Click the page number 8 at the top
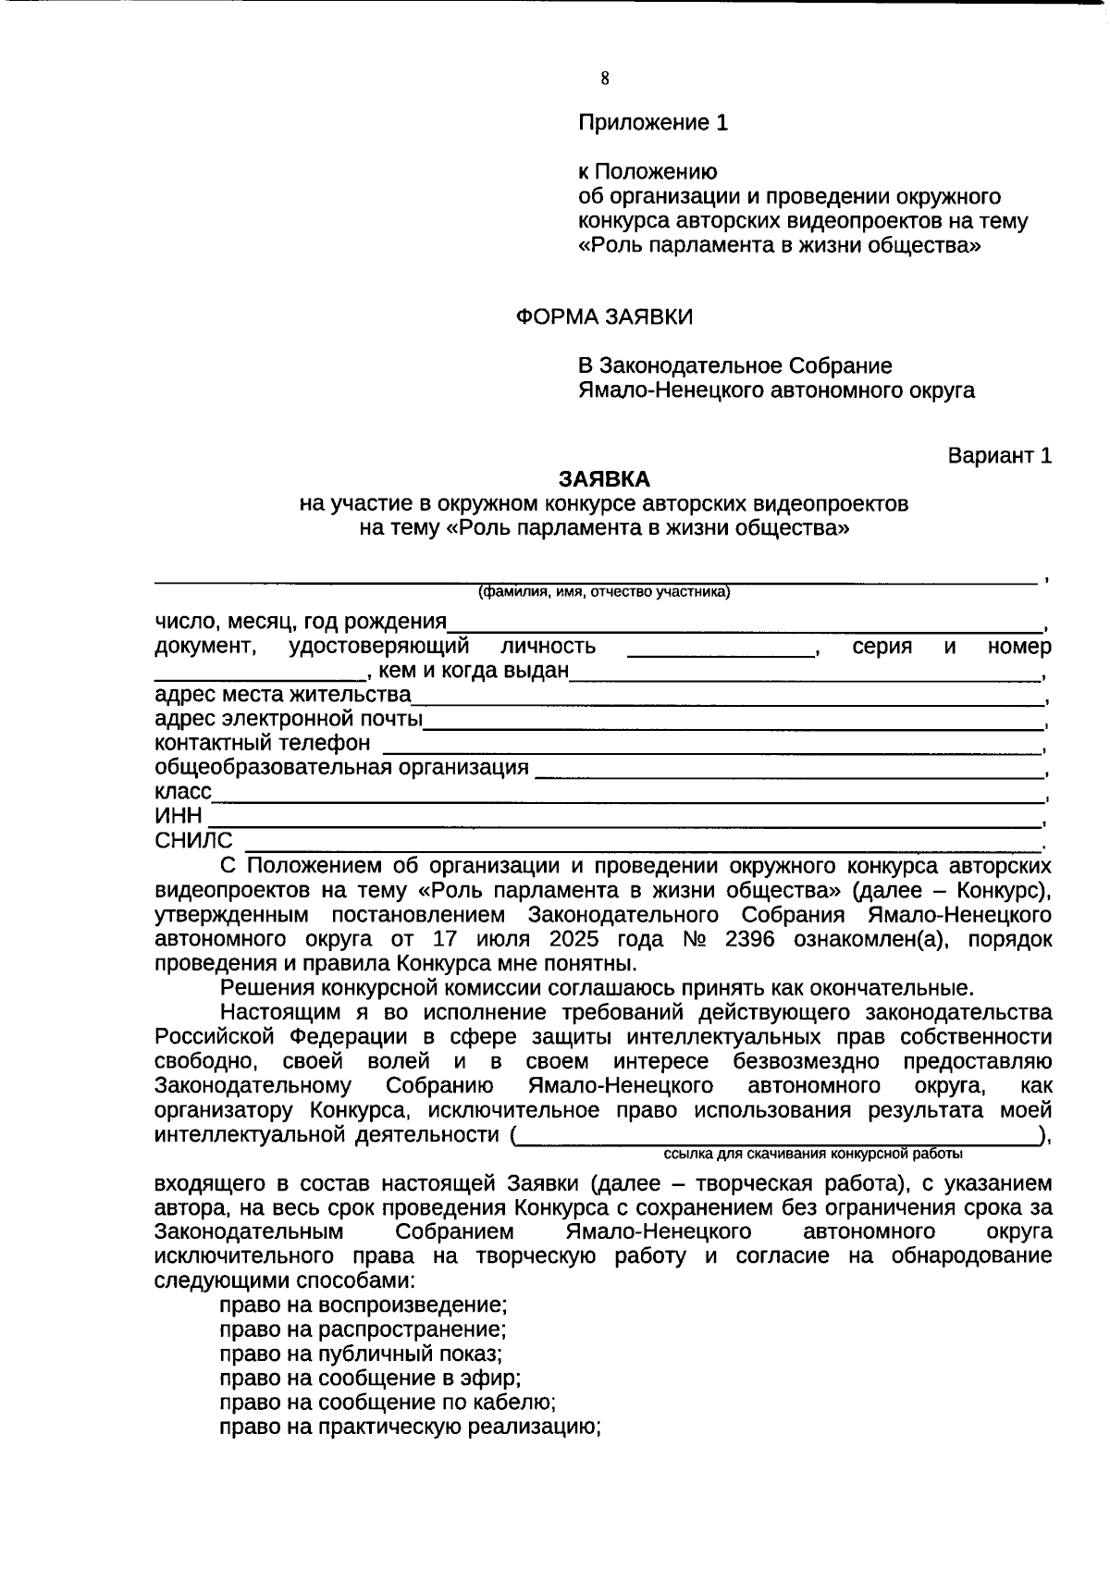click(605, 79)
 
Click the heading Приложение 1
click(653, 122)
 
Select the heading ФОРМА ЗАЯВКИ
click(604, 317)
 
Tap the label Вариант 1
click(999, 456)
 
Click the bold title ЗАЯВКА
click(604, 479)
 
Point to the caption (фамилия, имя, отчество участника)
click(604, 593)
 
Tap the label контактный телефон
click(263, 743)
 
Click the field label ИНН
click(179, 816)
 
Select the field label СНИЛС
click(194, 841)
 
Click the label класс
click(183, 792)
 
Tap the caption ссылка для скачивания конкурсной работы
click(813, 1155)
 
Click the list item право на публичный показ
click(361, 1354)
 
